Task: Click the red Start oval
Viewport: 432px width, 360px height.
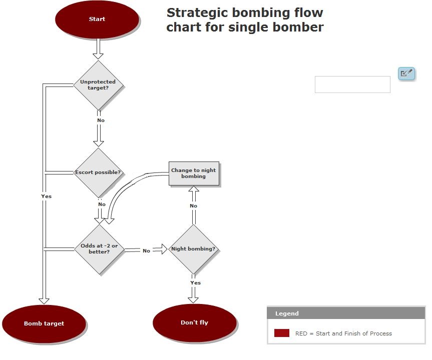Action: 97,19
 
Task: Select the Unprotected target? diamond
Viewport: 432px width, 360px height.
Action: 98,84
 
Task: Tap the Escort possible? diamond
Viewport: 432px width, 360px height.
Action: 98,172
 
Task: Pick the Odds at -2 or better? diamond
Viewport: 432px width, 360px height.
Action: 99,248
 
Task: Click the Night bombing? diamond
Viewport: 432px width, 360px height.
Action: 193,248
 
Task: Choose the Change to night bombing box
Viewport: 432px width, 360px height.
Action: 194,173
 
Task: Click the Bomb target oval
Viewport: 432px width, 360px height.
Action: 44,323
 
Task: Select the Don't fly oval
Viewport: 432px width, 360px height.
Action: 194,322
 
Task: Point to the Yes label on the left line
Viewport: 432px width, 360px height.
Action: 46,196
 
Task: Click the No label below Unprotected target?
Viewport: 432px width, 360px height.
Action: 101,120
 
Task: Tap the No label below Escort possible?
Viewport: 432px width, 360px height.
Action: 102,204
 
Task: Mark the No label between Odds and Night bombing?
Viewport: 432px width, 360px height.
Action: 146,250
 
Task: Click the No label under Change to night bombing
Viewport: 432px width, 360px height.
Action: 193,205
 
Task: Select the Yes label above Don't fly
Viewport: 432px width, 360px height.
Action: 195,282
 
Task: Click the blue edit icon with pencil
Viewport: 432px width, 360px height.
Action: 406,73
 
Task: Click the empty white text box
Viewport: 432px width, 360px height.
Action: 352,84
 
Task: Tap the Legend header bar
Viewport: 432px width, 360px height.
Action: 346,313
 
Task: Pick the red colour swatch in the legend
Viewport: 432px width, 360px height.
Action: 282,333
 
